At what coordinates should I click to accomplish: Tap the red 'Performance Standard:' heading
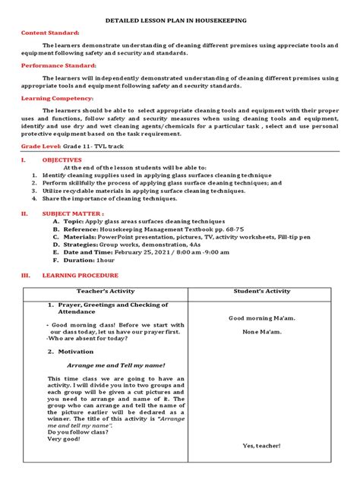[55, 65]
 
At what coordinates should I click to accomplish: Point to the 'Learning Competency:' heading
[52, 98]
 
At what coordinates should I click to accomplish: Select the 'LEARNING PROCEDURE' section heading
[81, 274]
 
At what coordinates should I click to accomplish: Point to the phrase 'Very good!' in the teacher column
[63, 438]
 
